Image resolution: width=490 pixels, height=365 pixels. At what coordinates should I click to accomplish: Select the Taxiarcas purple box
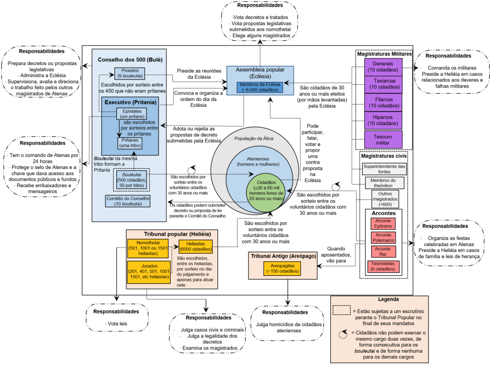point(383,84)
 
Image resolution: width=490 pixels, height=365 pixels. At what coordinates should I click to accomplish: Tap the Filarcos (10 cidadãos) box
point(383,102)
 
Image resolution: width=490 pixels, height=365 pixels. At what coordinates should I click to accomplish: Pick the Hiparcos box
point(383,120)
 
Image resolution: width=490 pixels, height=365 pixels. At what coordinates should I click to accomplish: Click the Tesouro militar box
point(383,139)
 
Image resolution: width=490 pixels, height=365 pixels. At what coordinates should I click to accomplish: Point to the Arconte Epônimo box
point(383,224)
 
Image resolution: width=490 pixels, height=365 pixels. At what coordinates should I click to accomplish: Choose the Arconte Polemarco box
point(383,238)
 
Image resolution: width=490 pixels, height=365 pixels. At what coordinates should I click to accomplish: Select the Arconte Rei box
point(383,252)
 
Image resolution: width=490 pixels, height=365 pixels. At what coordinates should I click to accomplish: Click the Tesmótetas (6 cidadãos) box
point(383,267)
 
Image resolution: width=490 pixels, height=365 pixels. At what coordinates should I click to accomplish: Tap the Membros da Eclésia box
point(261,87)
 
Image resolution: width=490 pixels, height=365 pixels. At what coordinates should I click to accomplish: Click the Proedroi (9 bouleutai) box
point(131,73)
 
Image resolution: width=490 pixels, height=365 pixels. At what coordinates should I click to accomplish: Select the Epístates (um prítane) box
point(131,114)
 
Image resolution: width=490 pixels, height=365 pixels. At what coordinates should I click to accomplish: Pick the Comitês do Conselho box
point(127,201)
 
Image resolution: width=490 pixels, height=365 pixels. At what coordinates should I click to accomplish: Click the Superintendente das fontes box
point(384,169)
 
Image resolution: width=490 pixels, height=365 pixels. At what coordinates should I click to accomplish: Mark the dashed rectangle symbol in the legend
point(341,310)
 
